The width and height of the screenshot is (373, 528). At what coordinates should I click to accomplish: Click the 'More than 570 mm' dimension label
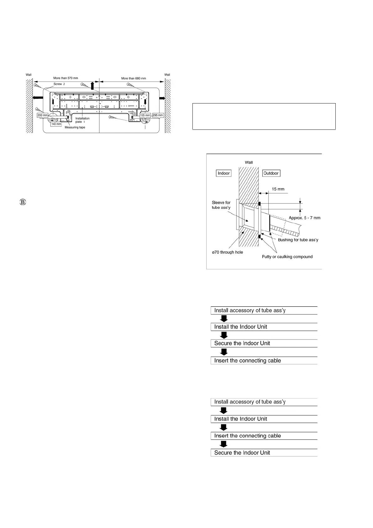click(x=66, y=78)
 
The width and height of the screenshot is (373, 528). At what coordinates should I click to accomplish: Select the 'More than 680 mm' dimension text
click(x=134, y=78)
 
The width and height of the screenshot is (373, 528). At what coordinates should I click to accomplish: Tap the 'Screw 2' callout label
click(x=59, y=84)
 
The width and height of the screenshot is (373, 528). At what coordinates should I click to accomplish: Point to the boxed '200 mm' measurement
click(x=42, y=115)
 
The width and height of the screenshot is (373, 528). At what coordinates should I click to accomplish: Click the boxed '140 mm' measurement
click(x=56, y=124)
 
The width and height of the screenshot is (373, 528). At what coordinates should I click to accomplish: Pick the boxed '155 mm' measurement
click(x=145, y=115)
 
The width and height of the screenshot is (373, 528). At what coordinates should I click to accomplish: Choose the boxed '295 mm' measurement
click(x=158, y=115)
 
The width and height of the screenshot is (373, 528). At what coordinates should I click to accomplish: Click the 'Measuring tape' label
click(x=75, y=127)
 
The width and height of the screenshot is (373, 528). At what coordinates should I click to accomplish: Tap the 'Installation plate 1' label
click(x=82, y=120)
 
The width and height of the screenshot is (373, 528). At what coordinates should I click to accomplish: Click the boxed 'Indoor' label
click(x=223, y=173)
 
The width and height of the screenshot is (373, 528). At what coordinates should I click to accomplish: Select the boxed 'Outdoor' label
click(x=271, y=173)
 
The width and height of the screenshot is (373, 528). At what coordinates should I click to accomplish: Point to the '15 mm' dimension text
click(x=278, y=189)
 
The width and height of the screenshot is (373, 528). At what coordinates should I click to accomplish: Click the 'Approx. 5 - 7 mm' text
click(x=304, y=218)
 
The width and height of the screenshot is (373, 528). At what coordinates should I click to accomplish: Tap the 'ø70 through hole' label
click(x=227, y=252)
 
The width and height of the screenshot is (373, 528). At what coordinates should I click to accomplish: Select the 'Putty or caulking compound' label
click(x=287, y=257)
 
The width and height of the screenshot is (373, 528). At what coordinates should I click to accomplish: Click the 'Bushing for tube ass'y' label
click(x=298, y=240)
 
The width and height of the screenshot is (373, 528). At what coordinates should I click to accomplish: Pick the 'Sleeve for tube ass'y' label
click(x=221, y=205)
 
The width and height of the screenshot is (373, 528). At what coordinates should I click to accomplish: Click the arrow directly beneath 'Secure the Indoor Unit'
click(x=223, y=352)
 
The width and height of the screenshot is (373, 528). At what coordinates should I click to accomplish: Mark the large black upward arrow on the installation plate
click(x=92, y=86)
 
